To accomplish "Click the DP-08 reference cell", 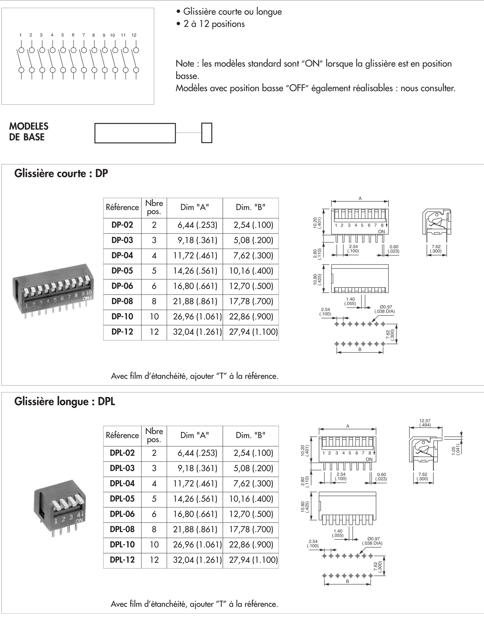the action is [x=122, y=301].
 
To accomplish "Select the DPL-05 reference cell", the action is [x=122, y=499].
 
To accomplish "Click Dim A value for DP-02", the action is [x=197, y=225].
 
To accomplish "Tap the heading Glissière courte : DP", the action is [x=61, y=173].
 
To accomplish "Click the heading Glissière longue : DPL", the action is [x=65, y=401].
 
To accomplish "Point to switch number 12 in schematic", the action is [x=134, y=35].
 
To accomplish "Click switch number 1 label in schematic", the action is [x=21, y=35].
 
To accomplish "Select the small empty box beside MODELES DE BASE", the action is [x=207, y=133].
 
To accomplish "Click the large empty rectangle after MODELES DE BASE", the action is [x=135, y=133].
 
